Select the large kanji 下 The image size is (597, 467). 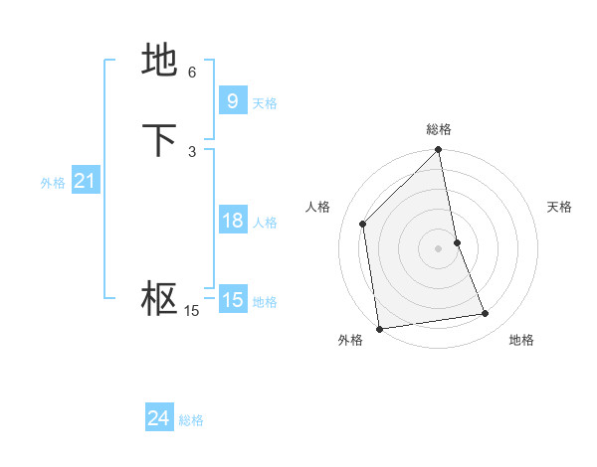coord(159,140)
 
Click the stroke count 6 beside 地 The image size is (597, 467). coord(192,73)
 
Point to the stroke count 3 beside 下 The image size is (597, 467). coord(192,151)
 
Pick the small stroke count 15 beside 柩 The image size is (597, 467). coord(191,311)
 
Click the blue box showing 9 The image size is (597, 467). coord(232,100)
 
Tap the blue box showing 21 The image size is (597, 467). coord(85,181)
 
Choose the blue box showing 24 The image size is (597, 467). coord(158,418)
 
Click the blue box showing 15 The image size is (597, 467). coord(232,299)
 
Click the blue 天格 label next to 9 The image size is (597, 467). coord(265,103)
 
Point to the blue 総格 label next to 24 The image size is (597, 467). coord(191,421)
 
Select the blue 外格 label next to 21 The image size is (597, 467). coord(53,184)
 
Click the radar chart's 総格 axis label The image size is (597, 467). coord(439,129)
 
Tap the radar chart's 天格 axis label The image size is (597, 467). coord(560,207)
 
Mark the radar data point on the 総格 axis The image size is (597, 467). coord(439,151)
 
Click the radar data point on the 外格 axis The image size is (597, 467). coord(378,328)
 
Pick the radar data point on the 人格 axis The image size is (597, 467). coord(363,224)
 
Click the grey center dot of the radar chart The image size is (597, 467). coord(439,247)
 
